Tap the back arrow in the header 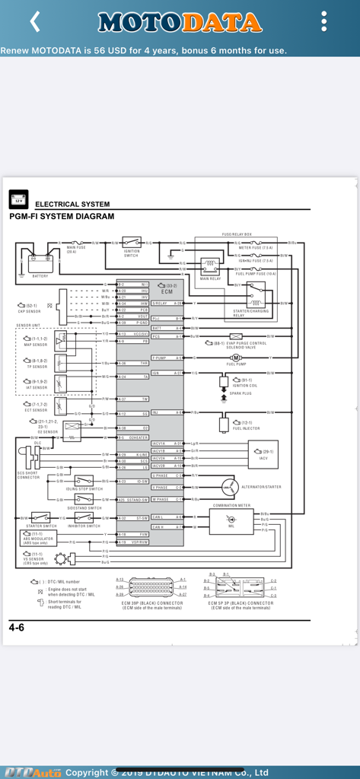(34, 21)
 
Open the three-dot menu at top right (324, 21)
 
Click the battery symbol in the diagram (40, 262)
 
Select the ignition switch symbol (132, 243)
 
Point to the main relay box (210, 266)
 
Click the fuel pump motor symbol (236, 358)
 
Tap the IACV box (263, 453)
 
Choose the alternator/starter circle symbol (229, 487)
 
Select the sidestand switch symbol (84, 500)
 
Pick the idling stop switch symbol (84, 481)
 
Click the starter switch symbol (40, 518)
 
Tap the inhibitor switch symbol (84, 518)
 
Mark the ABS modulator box (38, 538)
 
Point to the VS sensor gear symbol (60, 559)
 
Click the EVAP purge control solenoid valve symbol (236, 336)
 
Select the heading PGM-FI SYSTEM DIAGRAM (62, 217)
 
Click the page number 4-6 (17, 628)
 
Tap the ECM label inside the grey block (167, 291)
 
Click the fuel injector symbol (225, 423)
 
